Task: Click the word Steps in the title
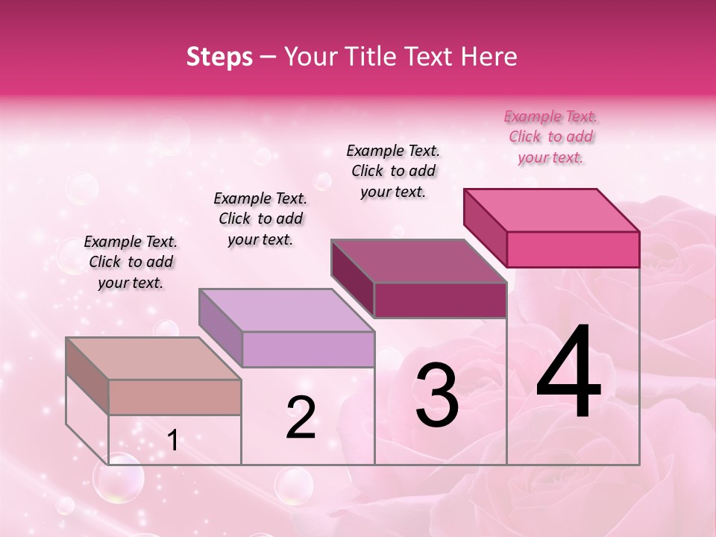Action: tap(219, 57)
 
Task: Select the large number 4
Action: tap(568, 373)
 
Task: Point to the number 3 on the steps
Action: tap(437, 395)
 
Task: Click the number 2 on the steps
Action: tap(301, 418)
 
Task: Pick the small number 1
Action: tap(173, 441)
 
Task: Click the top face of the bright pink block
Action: tap(552, 210)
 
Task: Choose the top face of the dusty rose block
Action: tap(154, 359)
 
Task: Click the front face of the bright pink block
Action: tap(573, 249)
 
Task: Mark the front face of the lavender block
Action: tap(308, 349)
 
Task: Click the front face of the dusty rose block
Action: tap(175, 397)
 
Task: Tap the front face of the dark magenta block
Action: tap(440, 301)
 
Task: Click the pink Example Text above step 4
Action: tap(550, 136)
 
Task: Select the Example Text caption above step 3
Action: tap(393, 171)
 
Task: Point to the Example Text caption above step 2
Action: tap(260, 219)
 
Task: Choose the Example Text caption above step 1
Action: tap(131, 262)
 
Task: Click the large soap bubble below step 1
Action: tap(118, 478)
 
